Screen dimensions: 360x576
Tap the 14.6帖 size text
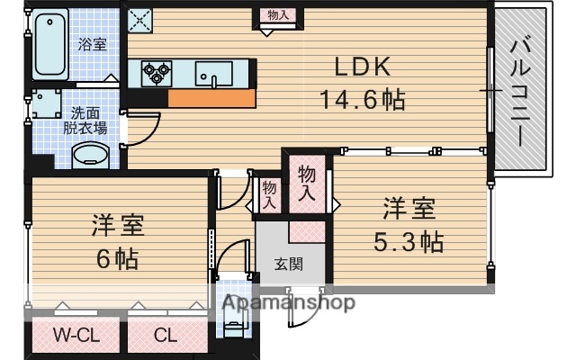362,100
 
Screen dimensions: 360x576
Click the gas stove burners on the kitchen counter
155,72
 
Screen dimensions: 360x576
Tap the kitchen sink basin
213,73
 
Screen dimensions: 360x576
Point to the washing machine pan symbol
45,109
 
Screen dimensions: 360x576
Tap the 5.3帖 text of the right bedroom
409,241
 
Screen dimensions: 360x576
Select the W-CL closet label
75,337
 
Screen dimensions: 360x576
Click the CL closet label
165,337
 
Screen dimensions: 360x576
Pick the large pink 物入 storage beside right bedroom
307,184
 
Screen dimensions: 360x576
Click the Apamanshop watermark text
286,303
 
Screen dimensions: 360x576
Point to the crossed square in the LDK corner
139,17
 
